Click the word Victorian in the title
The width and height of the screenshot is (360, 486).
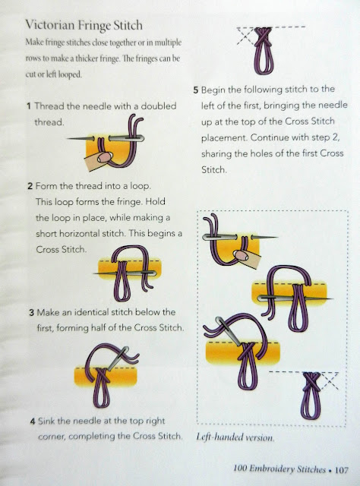point(49,25)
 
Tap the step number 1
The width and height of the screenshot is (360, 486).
point(29,106)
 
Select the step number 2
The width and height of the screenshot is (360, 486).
point(30,186)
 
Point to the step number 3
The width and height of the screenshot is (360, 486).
point(31,312)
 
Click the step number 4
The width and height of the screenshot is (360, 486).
point(33,421)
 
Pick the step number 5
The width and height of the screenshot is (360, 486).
point(195,90)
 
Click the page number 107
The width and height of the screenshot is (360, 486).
point(342,470)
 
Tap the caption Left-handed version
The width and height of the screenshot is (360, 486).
point(235,437)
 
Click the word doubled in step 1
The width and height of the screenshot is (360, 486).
point(159,106)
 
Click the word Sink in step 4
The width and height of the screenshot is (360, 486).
point(46,421)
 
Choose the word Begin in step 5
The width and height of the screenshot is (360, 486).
point(213,90)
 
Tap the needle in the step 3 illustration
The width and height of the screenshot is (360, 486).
point(118,358)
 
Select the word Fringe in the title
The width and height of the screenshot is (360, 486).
point(93,25)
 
